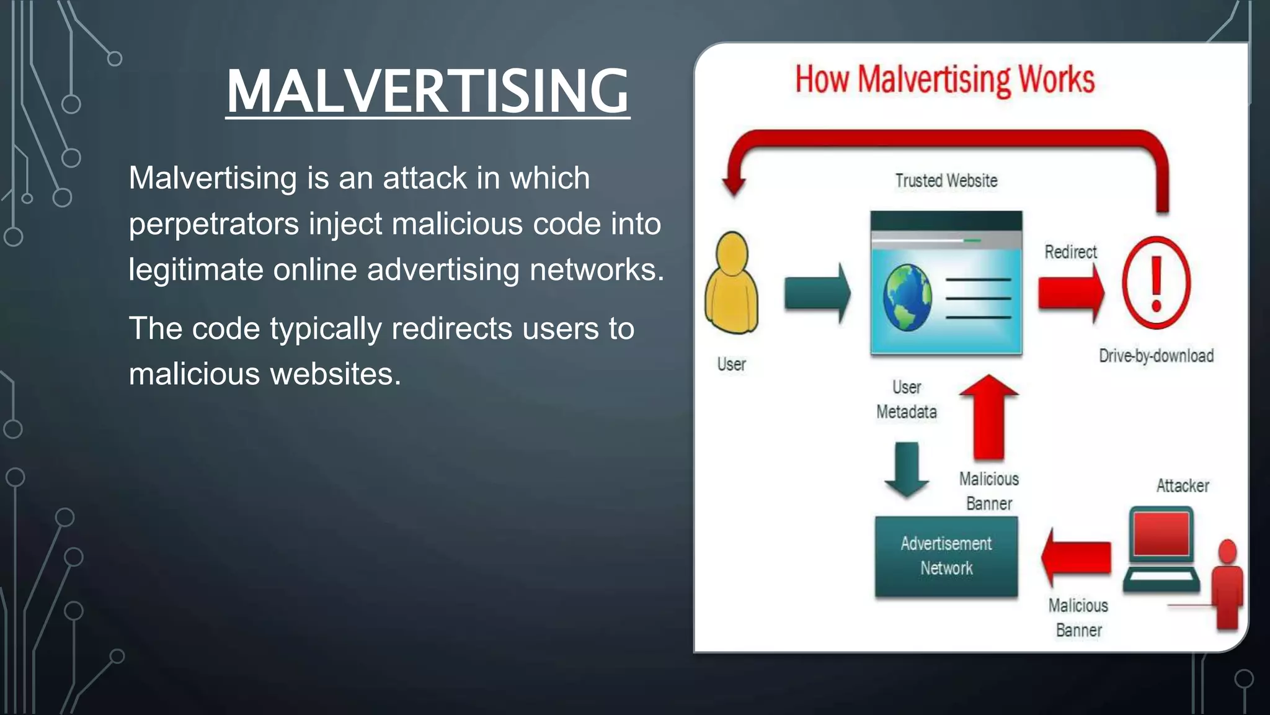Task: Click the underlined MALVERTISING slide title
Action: [x=427, y=91]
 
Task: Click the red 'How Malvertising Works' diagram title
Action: [x=944, y=80]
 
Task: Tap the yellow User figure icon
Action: [x=732, y=284]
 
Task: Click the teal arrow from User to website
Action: [x=817, y=293]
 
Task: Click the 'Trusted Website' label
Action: [x=946, y=181]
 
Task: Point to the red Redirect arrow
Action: [x=1071, y=292]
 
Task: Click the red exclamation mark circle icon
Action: [x=1156, y=283]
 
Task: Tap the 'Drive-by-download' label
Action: [x=1156, y=356]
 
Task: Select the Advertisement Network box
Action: [x=946, y=556]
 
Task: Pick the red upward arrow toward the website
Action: [x=988, y=417]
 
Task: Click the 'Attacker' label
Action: [x=1182, y=485]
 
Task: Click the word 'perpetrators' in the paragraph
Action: [x=213, y=224]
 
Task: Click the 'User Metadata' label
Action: [x=906, y=399]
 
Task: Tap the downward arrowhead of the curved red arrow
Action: [x=734, y=184]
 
